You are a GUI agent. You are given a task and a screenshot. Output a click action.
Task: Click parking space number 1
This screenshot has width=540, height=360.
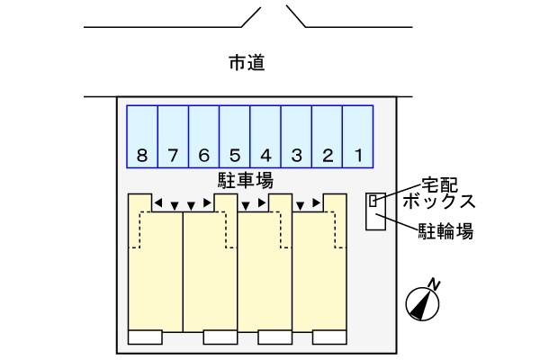coord(358,137)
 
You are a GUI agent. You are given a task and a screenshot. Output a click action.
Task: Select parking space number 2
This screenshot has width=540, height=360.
coord(328,137)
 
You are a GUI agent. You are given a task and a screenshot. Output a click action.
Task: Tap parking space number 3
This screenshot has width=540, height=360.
coord(297,137)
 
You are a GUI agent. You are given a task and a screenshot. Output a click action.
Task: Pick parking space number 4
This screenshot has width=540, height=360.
coord(265,137)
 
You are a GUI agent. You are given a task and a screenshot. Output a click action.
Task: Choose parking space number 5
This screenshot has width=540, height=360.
coord(235,137)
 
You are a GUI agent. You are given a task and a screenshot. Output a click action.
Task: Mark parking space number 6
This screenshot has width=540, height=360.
coord(204,137)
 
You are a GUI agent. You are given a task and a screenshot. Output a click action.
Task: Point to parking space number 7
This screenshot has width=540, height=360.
coord(173,137)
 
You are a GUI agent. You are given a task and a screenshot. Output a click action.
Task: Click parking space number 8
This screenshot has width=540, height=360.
coord(142,137)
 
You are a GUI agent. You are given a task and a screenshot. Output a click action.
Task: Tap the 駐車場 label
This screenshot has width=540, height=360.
coord(246,180)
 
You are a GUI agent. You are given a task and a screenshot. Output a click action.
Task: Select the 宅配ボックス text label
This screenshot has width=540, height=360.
coord(438,193)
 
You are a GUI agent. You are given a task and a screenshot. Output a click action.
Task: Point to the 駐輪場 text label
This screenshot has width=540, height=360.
coord(445,231)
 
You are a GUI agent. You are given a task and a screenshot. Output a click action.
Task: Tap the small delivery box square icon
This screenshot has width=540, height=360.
coord(373,201)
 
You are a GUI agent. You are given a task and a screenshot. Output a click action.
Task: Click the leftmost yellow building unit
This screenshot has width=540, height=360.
coord(155,270)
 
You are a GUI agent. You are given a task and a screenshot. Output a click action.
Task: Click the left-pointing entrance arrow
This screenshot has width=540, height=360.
coord(158,204)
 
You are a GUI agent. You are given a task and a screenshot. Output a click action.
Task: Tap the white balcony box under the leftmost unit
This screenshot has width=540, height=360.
coord(145,337)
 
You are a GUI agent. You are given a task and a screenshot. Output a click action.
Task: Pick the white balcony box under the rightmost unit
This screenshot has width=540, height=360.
coord(329,337)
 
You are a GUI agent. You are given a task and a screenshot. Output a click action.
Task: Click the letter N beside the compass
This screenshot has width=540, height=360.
coord(436,285)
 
